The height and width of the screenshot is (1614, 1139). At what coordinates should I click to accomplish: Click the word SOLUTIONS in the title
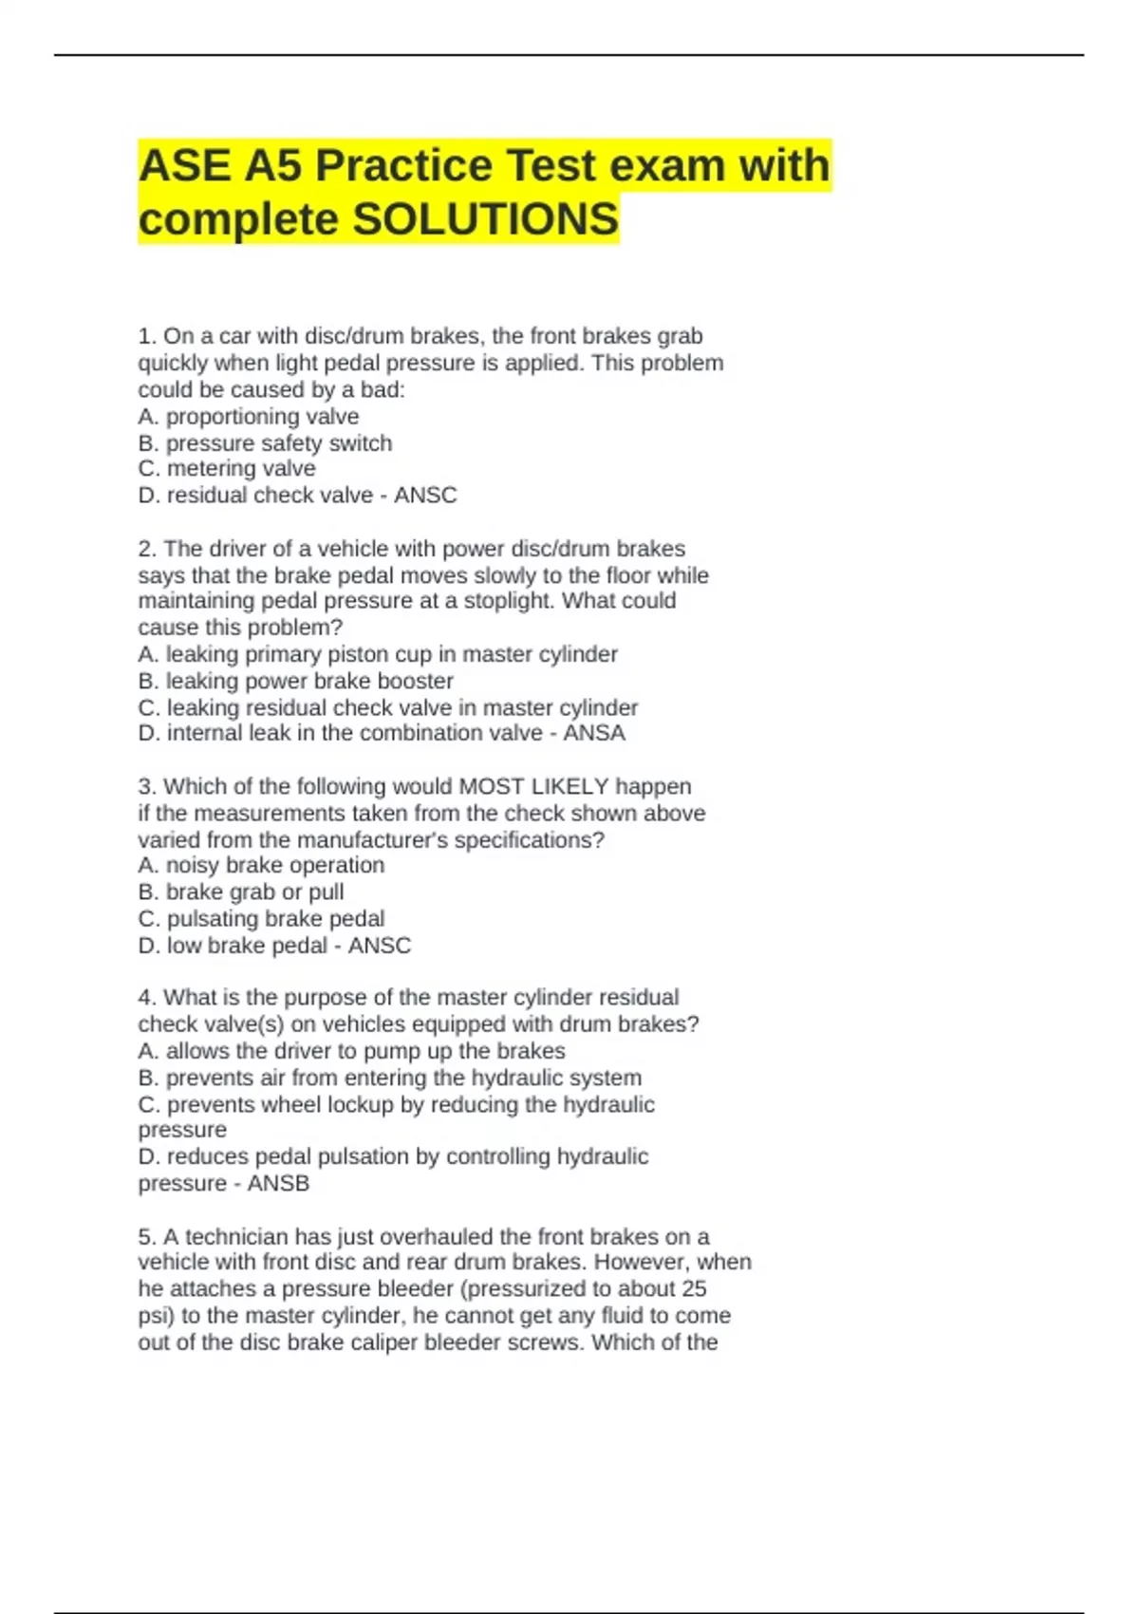point(485,219)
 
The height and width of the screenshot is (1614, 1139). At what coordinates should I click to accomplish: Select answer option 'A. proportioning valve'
point(249,417)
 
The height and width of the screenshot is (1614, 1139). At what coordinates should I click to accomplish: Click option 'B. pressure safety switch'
point(265,443)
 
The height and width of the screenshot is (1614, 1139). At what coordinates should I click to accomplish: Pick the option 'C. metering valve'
point(227,469)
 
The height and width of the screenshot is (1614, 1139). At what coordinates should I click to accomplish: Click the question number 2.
point(146,549)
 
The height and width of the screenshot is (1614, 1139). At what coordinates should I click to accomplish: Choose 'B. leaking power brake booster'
point(295,681)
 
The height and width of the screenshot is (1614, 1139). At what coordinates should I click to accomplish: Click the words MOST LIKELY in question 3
point(533,787)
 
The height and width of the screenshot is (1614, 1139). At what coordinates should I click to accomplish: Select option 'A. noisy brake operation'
point(261,865)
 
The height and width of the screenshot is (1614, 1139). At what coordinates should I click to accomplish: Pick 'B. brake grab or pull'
point(241,892)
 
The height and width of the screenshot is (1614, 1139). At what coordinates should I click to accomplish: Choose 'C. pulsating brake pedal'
point(261,919)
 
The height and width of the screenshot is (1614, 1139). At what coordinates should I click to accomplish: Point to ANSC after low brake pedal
point(379,946)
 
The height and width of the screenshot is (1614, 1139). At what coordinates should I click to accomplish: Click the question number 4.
point(146,998)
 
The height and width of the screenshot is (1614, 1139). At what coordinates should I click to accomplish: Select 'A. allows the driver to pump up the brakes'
point(351,1051)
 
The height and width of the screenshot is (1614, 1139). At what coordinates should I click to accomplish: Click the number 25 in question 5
point(694,1289)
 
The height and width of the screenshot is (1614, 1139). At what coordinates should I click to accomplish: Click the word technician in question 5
point(236,1237)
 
